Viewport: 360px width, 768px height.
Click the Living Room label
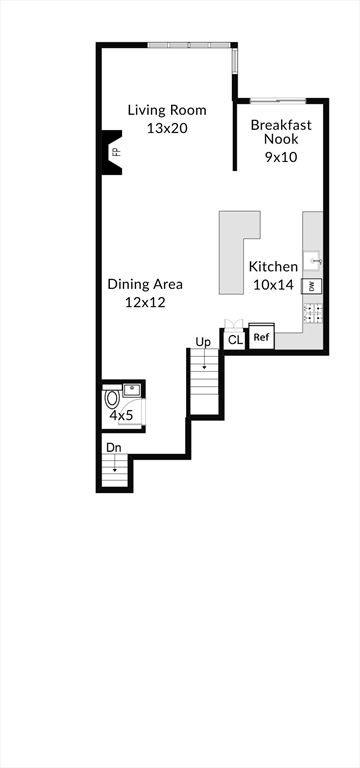pos(167,110)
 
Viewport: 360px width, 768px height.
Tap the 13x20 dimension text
pos(168,128)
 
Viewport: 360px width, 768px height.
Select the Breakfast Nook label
pos(281,132)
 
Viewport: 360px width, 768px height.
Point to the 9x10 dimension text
pos(281,157)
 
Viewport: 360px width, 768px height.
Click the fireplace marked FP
pos(112,152)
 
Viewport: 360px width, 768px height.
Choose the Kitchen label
pos(273,267)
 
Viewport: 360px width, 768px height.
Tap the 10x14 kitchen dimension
pos(274,285)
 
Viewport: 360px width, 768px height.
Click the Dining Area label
pos(145,284)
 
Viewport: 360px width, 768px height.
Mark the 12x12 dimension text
pos(145,303)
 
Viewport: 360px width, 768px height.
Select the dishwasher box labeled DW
pos(311,286)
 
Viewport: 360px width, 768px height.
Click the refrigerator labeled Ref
pos(262,337)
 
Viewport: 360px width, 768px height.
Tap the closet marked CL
pos(235,340)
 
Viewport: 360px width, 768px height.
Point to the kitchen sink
pos(312,261)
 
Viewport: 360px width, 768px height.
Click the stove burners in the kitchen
pos(313,313)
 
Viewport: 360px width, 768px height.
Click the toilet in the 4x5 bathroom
pos(112,397)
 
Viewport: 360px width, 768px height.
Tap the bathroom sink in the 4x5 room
pos(131,390)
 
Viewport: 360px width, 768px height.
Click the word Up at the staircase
pos(202,341)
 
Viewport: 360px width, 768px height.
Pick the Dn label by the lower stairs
pos(114,448)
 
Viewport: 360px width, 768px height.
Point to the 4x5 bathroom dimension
pos(120,416)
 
